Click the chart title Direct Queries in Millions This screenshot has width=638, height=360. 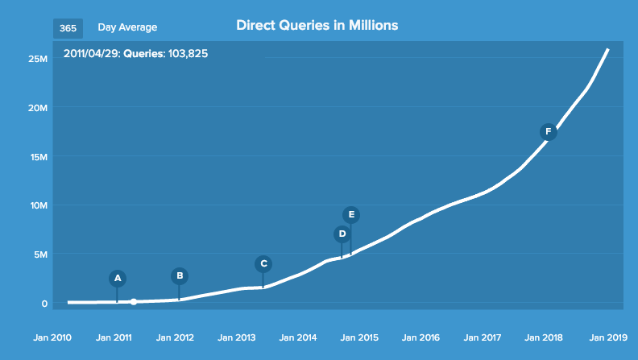coord(317,26)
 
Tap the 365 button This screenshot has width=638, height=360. coord(68,28)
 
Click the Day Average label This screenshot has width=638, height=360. coord(127,28)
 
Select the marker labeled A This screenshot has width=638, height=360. coord(118,278)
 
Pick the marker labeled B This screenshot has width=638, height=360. coord(180,275)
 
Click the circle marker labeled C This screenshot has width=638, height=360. coord(263,263)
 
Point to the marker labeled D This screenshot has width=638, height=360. coord(342,234)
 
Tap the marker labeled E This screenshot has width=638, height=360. coord(351,214)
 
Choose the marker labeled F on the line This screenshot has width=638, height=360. coord(549,131)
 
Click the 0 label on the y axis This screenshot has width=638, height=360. coord(45,304)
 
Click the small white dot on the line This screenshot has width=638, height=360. coord(134,302)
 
